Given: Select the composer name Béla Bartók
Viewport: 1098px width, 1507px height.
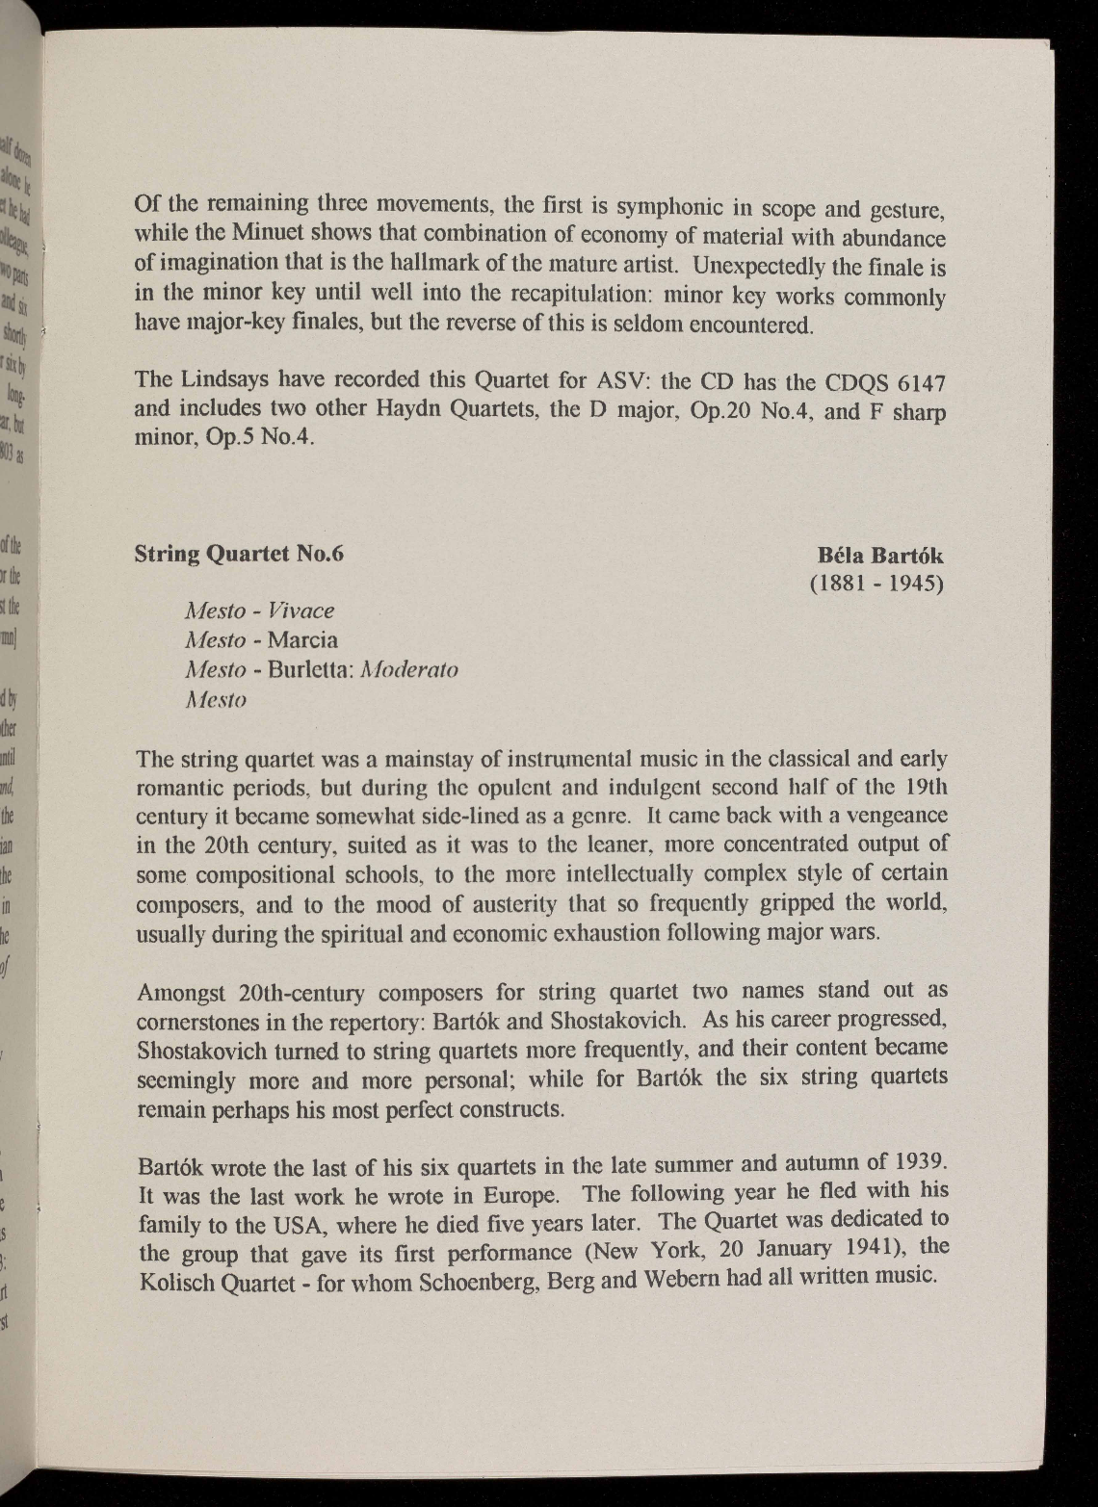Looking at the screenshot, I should point(880,556).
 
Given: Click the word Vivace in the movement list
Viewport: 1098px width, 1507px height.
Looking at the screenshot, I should point(301,611).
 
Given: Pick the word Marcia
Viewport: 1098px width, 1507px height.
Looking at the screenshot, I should point(302,639).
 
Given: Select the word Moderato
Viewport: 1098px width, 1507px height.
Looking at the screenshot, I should point(406,669).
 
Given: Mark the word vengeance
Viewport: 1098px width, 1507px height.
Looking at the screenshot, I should point(895,815).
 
